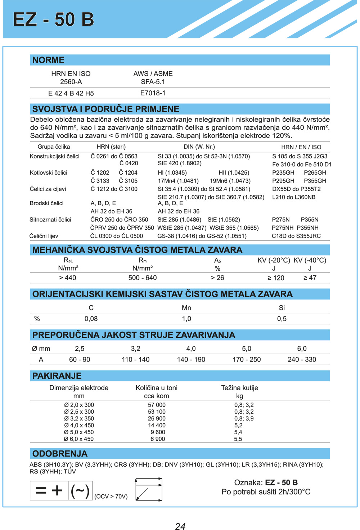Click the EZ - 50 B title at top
pyautogui.click(x=53, y=19)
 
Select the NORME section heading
pyautogui.click(x=48, y=60)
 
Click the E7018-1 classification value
pyautogui.click(x=153, y=93)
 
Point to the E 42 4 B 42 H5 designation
pyautogui.click(x=71, y=94)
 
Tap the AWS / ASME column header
pyautogui.click(x=153, y=74)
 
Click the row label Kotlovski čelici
pyautogui.click(x=49, y=173)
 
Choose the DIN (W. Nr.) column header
pyautogui.click(x=199, y=147)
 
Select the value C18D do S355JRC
pyautogui.click(x=296, y=236)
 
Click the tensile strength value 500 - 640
pyautogui.click(x=143, y=278)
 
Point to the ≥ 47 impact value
pyautogui.click(x=310, y=278)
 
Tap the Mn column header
pyautogui.click(x=186, y=308)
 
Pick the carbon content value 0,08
pyautogui.click(x=91, y=319)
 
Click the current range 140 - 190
pyautogui.click(x=191, y=360)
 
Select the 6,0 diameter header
pyautogui.click(x=302, y=349)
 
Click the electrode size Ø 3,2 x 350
pyautogui.click(x=79, y=419)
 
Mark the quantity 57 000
pyautogui.click(x=157, y=405)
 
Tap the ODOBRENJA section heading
pyautogui.click(x=60, y=454)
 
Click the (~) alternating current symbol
pyautogui.click(x=80, y=491)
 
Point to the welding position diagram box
pyautogui.click(x=148, y=489)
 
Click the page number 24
pyautogui.click(x=180, y=526)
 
